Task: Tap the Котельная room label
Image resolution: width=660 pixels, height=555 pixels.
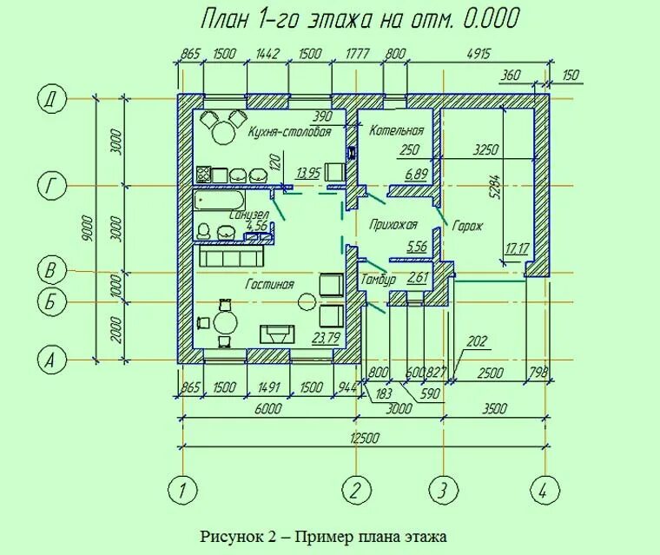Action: pos(396,131)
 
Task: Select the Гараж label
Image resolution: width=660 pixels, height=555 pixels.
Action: pos(466,227)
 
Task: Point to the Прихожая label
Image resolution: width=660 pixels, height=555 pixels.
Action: pos(387,223)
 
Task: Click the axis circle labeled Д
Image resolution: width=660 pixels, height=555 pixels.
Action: pos(51,99)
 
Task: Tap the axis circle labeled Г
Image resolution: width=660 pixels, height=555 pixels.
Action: pos(51,186)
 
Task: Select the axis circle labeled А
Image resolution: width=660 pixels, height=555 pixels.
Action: pos(51,359)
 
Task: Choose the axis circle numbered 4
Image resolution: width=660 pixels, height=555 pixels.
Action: pos(544,491)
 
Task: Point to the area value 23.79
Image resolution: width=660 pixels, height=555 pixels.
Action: pos(325,337)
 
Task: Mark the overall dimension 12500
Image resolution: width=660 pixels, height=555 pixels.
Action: pos(364,439)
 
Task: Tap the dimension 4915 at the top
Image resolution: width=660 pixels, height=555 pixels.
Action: pos(478,54)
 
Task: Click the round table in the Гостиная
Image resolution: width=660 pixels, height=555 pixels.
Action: pos(225,322)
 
